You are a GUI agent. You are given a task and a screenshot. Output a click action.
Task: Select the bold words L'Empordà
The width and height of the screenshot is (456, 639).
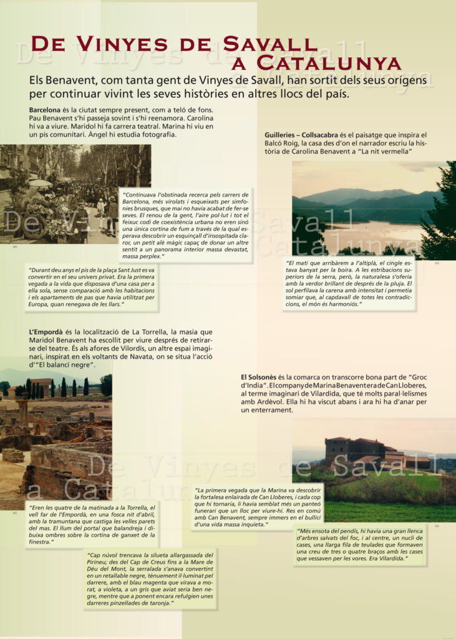[x=48, y=332]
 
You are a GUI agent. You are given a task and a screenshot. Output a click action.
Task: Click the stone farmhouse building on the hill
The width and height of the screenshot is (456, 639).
[x=356, y=451]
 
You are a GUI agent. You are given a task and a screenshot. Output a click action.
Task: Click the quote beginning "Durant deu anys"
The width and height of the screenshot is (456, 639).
[x=91, y=287]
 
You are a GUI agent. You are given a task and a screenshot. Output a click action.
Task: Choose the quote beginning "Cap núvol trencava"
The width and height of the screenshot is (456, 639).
[x=150, y=578]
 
